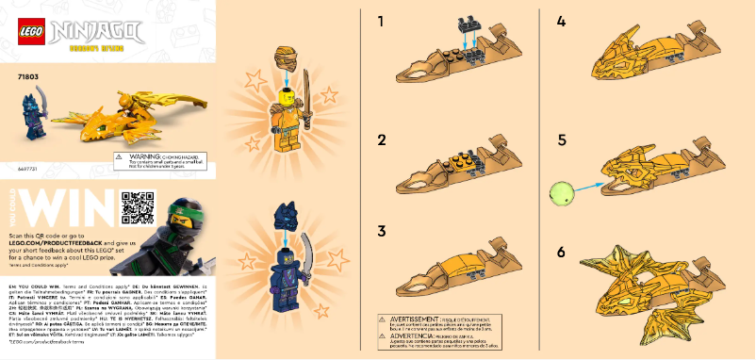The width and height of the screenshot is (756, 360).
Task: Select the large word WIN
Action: tap(65, 207)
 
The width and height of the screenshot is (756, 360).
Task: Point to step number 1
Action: tap(381, 21)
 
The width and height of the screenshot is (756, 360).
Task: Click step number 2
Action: tap(382, 139)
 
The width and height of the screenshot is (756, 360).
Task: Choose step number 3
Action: tap(382, 231)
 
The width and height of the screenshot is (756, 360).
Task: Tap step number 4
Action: tap(561, 21)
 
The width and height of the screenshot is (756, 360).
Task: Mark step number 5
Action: tap(561, 139)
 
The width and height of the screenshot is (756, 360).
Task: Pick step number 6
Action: tap(561, 252)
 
